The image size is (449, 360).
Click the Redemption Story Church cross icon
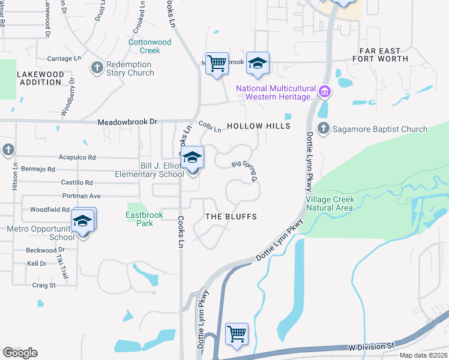97,67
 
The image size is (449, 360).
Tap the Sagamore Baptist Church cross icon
323,128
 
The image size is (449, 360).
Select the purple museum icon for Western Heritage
325,92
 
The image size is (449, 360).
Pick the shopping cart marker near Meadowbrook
217,62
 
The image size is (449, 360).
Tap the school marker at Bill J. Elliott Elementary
193,159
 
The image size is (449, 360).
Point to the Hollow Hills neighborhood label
259,127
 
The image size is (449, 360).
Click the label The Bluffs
231,217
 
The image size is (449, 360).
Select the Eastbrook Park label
140,219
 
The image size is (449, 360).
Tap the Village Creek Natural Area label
330,203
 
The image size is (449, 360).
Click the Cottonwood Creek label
150,46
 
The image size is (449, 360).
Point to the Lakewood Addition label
40,77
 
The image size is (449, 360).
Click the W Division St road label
372,347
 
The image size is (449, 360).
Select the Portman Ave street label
81,196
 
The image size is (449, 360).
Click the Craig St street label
43,286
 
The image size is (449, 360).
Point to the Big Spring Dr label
244,170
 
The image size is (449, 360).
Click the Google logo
20,353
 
